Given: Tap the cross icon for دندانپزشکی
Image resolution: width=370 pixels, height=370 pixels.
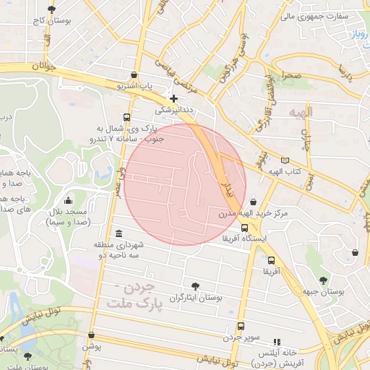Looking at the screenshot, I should [x=173, y=98].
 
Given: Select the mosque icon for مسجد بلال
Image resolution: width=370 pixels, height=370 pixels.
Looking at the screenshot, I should [x=68, y=200].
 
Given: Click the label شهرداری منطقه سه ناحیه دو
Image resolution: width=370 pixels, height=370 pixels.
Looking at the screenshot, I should [x=119, y=250].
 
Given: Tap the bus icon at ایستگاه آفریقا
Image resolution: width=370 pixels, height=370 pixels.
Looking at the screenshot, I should [x=244, y=228].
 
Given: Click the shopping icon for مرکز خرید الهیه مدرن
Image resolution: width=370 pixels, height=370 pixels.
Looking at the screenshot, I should [x=254, y=202].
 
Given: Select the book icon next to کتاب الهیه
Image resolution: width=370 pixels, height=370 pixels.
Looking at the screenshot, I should [x=285, y=160].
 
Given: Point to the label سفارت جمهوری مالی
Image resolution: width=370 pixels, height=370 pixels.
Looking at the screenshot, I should [x=324, y=15].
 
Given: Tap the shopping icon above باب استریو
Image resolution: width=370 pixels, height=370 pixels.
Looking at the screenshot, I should [x=134, y=74].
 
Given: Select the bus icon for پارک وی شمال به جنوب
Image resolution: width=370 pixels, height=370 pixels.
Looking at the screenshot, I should [x=127, y=117].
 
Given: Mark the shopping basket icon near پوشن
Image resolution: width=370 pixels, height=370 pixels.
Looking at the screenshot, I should [x=91, y=335].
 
